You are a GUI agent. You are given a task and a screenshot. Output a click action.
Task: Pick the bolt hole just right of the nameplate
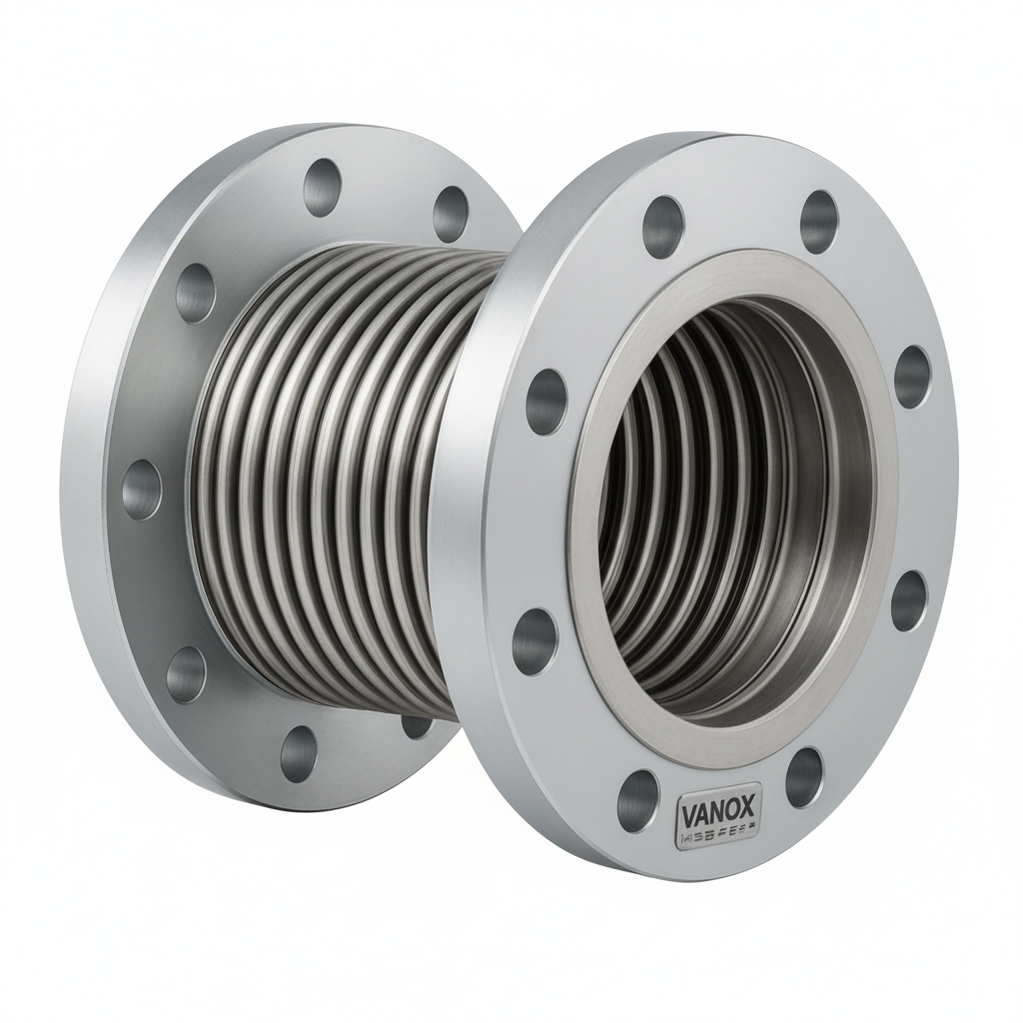pos(804,777)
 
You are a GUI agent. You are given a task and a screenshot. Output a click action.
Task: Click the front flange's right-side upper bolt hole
pos(911,376)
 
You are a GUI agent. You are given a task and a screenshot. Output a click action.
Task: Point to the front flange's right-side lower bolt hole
pos(908,601)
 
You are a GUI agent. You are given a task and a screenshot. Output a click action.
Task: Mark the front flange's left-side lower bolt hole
pos(534,639)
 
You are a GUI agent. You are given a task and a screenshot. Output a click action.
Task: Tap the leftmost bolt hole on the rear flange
pos(141,489)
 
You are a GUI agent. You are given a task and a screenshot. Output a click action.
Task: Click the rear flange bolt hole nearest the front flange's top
pos(452,213)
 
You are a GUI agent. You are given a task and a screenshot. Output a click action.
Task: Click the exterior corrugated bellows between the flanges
pos(330,480)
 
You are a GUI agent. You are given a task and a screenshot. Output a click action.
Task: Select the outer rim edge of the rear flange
pos(80,480)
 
